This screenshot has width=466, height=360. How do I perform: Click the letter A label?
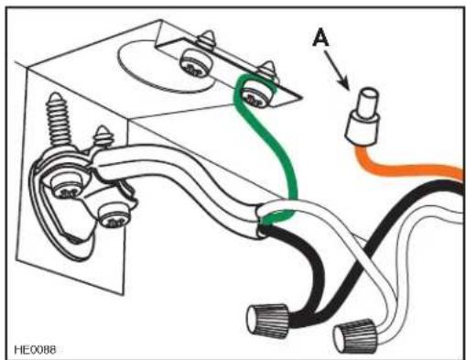pyautogui.click(x=320, y=37)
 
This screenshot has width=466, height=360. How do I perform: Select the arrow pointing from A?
pyautogui.click(x=336, y=70)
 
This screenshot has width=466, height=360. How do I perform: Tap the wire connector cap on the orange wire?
pyautogui.click(x=363, y=117)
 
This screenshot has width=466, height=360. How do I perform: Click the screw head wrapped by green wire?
pyautogui.click(x=255, y=96)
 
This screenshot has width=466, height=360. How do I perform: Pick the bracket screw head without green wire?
pyautogui.click(x=194, y=64)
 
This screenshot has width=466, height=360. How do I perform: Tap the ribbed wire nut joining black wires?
pyautogui.click(x=268, y=319)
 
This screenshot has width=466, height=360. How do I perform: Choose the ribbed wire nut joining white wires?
pyautogui.click(x=356, y=337)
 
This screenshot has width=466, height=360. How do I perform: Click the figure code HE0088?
pyautogui.click(x=35, y=350)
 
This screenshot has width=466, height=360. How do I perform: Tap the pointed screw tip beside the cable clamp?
pyautogui.click(x=103, y=136)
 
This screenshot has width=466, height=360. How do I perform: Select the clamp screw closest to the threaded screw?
pyautogui.click(x=66, y=186)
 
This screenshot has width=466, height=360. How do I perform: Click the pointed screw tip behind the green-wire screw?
pyautogui.click(x=268, y=69)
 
